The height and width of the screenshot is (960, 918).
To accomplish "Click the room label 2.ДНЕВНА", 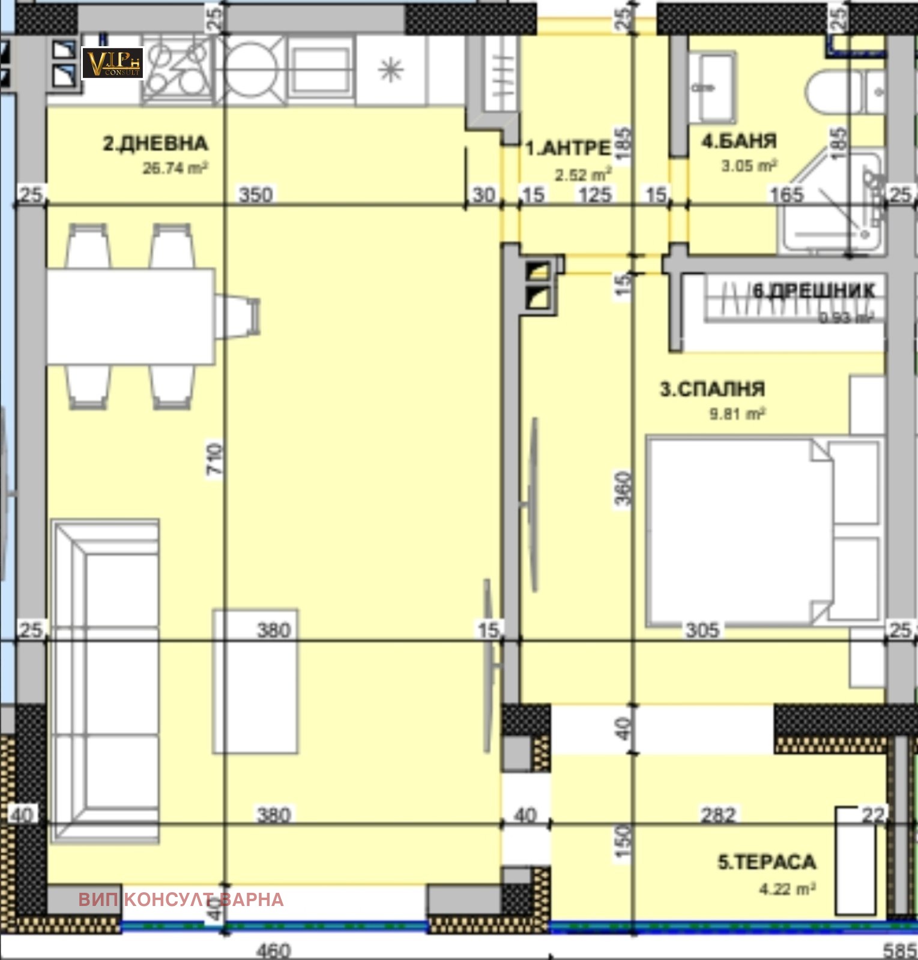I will click(156, 144).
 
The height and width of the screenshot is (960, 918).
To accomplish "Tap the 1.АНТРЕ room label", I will click(567, 148).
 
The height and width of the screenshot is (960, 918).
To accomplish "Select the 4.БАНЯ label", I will click(739, 142).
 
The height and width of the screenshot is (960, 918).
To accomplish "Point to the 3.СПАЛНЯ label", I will click(712, 389).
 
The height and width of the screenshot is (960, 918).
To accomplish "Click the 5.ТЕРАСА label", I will click(767, 862).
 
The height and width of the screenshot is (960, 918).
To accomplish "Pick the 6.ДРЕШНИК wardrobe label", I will click(814, 291).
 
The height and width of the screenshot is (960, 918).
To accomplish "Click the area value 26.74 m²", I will click(175, 169).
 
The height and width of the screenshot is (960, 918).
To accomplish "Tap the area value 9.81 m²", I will click(737, 414).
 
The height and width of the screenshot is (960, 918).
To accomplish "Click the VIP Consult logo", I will click(112, 63).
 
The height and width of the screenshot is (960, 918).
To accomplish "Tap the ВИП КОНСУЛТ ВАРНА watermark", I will click(181, 899).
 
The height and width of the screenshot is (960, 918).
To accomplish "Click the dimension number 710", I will click(215, 459).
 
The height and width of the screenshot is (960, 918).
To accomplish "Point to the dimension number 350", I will click(256, 195).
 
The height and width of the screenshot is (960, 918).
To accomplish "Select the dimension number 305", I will click(702, 630).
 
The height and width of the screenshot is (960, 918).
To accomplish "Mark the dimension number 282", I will click(718, 815).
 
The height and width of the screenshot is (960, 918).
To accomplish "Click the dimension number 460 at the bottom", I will click(273, 950).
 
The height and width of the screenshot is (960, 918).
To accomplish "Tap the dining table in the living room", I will click(131, 316).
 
